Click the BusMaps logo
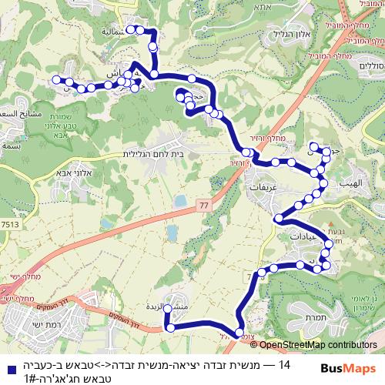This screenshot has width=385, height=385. pyautogui.click(x=346, y=369)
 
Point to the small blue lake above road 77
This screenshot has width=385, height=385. pyautogui.click(x=179, y=202)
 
